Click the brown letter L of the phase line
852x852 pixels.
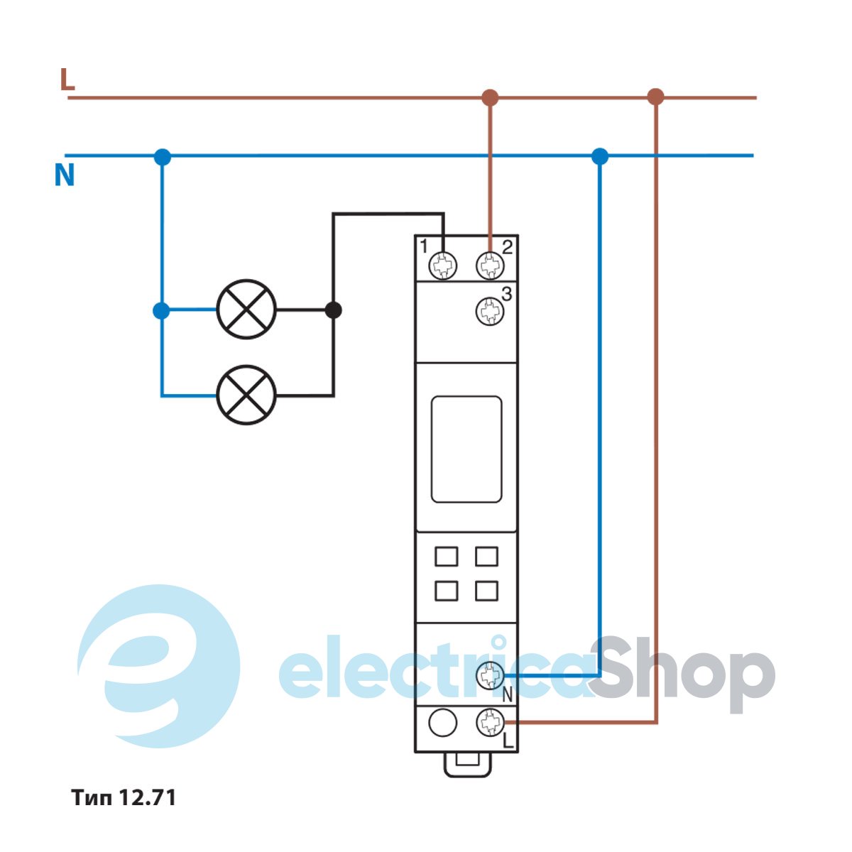[67, 80]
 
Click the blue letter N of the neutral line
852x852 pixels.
[65, 175]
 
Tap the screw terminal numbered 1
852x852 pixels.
[444, 266]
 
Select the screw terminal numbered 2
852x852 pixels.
[489, 266]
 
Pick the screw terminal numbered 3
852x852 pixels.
[489, 311]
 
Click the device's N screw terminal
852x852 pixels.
[489, 674]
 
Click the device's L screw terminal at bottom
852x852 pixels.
[489, 722]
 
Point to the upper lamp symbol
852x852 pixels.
[246, 310]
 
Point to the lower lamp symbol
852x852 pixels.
[246, 395]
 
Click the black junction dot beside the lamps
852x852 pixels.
[333, 310]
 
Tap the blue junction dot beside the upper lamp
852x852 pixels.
[162, 310]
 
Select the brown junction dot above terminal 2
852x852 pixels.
[490, 97]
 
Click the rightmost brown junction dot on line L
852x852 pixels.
[656, 97]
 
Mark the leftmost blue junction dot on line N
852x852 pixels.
[163, 157]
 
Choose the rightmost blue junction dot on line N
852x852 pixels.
[600, 156]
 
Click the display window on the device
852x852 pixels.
[466, 449]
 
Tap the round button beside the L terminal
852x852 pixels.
[443, 723]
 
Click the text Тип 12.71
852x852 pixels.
[124, 797]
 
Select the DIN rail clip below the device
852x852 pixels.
[466, 764]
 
